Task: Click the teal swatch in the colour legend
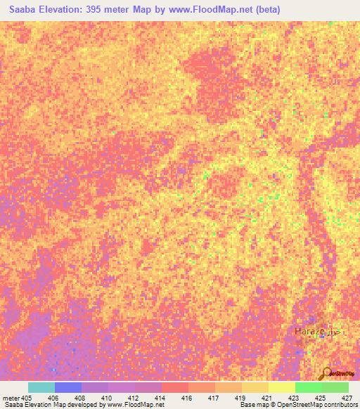click(x=41, y=387)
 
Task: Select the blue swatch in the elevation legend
click(x=68, y=387)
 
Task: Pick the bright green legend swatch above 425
click(x=309, y=387)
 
